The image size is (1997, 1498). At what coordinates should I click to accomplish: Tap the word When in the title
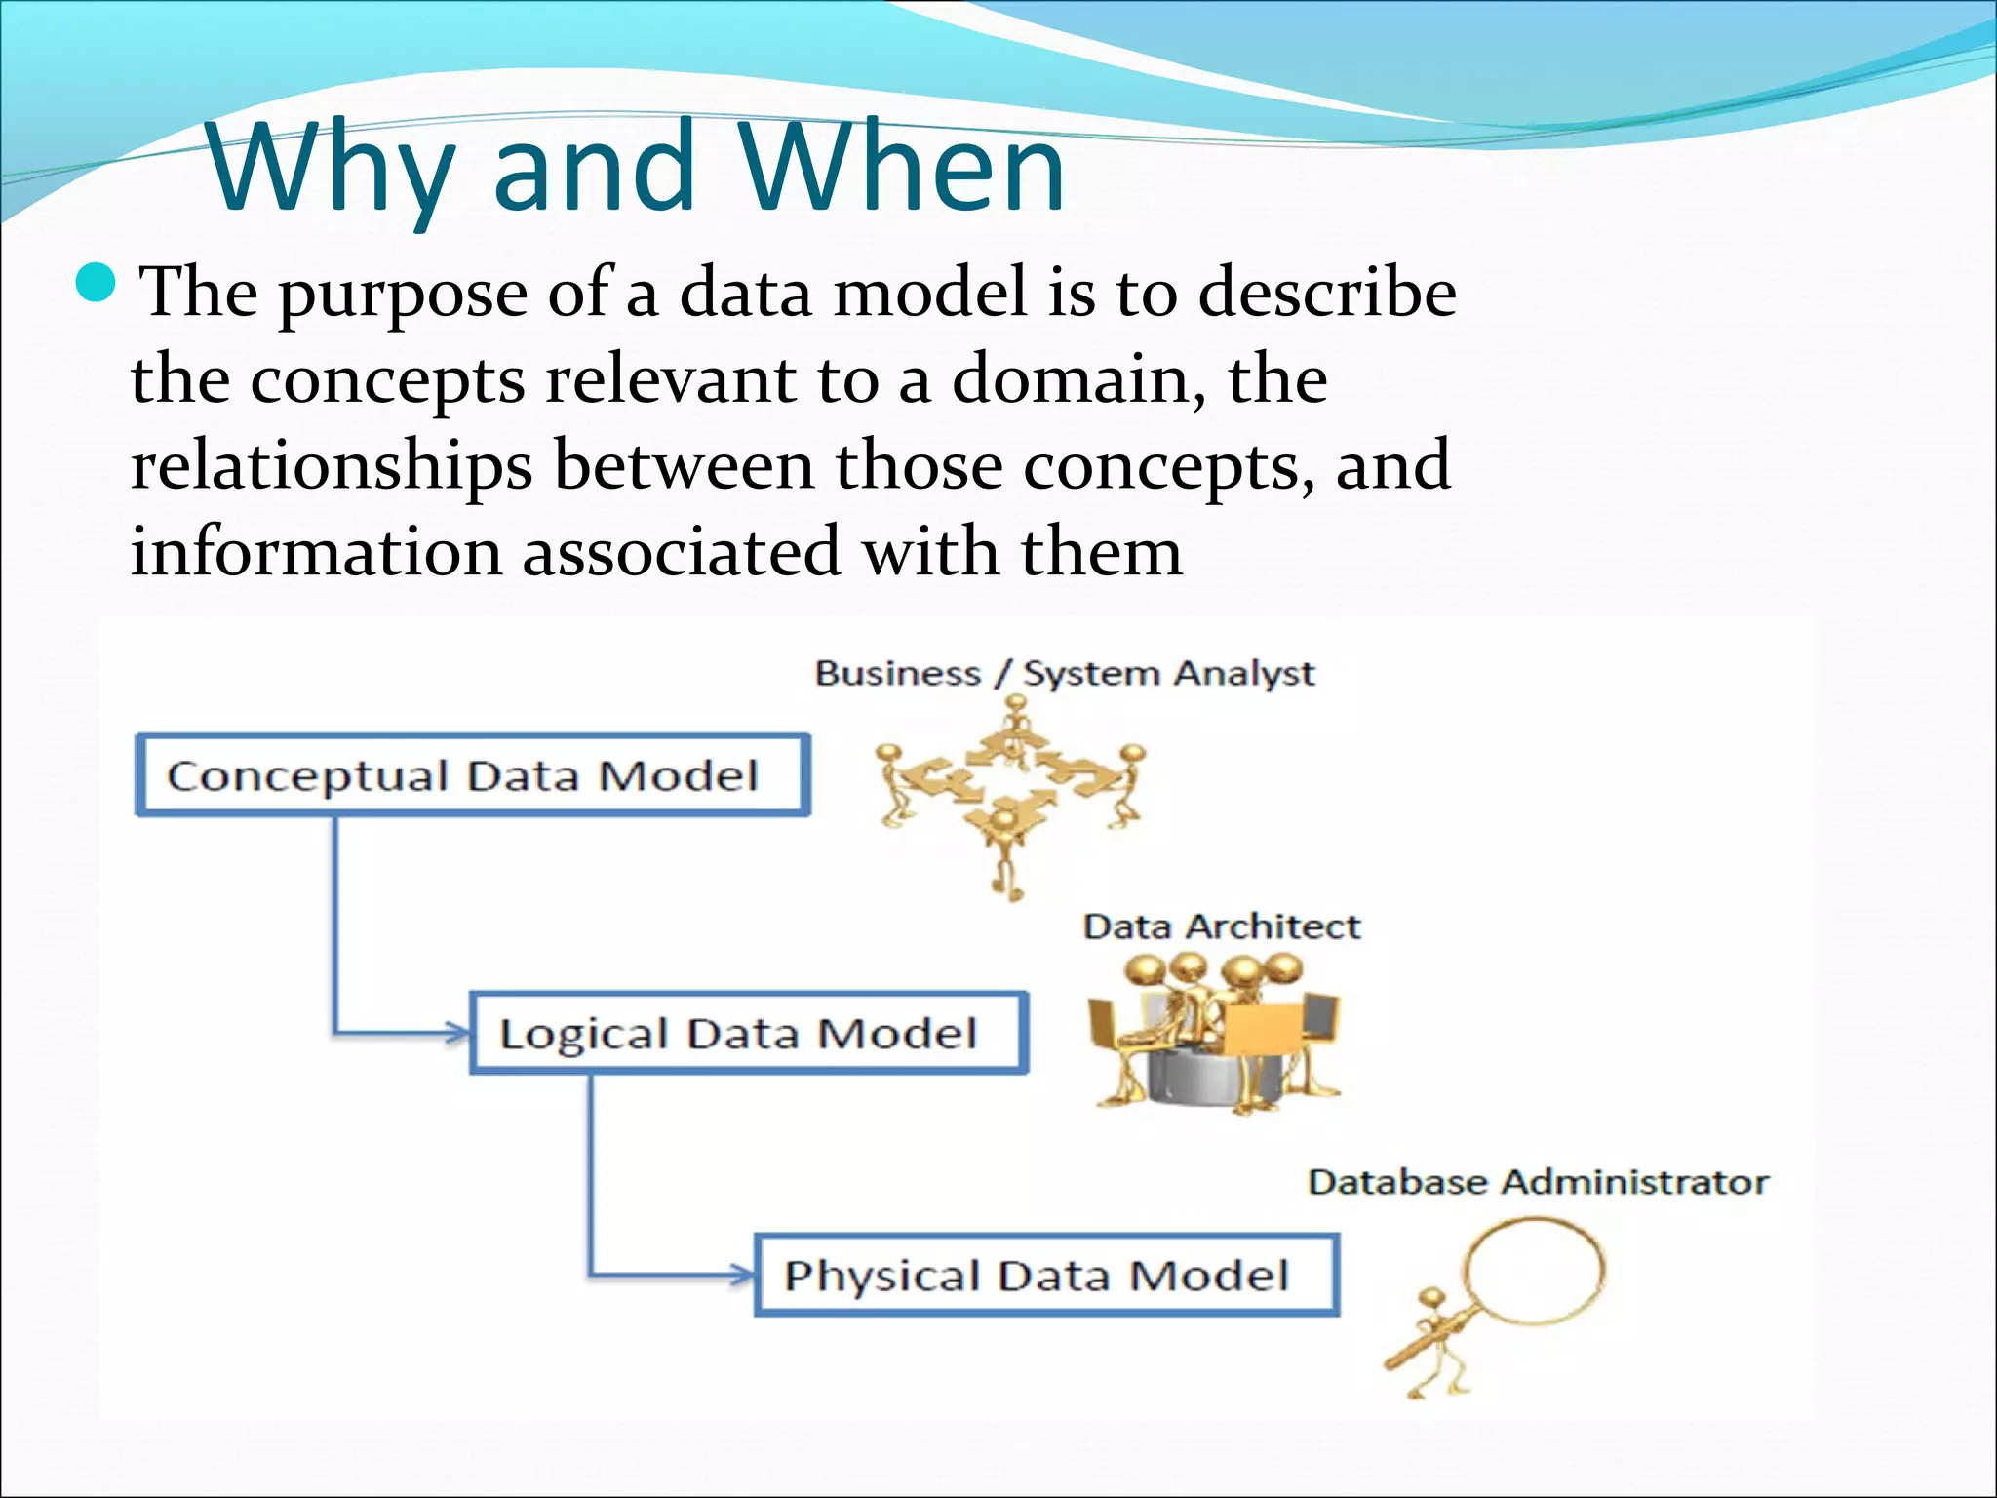[901, 168]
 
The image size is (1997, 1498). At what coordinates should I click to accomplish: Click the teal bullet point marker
[96, 284]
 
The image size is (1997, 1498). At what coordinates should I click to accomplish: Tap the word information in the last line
[316, 552]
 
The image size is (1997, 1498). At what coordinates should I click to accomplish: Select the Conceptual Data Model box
[472, 776]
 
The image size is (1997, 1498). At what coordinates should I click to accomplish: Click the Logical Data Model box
[748, 1034]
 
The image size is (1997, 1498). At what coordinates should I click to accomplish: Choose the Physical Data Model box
[1046, 1276]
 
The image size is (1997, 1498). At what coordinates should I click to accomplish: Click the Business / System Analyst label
[1064, 674]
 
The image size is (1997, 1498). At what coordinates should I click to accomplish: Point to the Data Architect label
[1221, 926]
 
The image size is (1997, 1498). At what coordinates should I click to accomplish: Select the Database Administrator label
[1538, 1182]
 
